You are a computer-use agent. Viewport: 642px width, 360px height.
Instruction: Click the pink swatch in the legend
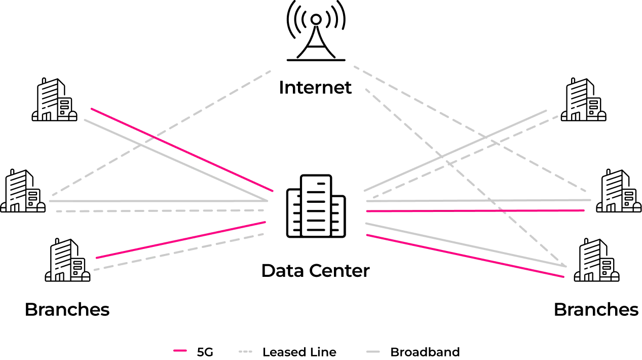click(x=180, y=350)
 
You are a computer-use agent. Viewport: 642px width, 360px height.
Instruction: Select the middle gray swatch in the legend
click(x=245, y=350)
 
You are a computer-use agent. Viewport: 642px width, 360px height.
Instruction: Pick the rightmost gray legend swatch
click(x=373, y=350)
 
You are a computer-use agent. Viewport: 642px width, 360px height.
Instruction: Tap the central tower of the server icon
click(x=316, y=205)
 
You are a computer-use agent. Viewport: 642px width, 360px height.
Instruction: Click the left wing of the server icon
click(x=293, y=213)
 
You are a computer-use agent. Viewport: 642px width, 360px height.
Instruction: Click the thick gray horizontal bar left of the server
click(x=160, y=211)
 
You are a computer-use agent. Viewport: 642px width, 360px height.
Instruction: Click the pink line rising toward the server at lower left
click(x=180, y=240)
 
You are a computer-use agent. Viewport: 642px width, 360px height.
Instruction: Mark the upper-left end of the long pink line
click(x=91, y=108)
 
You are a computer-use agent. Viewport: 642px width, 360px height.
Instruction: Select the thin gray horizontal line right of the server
click(x=476, y=201)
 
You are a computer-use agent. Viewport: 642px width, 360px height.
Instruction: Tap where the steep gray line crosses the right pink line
click(x=502, y=210)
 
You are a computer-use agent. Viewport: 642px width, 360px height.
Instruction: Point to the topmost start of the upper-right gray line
click(x=355, y=66)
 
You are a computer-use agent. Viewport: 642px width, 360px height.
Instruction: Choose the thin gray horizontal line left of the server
click(x=160, y=201)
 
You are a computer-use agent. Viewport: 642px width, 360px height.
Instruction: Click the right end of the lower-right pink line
click(x=564, y=277)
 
